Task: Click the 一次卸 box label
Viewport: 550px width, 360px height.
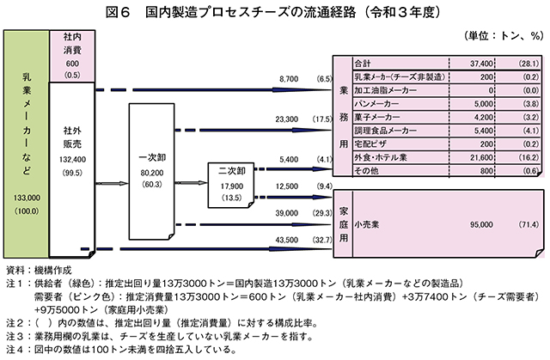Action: click(152, 158)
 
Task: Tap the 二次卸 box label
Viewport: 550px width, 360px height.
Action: click(232, 171)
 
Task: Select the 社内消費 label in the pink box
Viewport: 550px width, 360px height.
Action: click(72, 43)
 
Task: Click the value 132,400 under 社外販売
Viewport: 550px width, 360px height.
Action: click(72, 160)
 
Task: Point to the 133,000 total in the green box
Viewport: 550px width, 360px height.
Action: click(27, 198)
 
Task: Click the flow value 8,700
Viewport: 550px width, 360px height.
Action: click(289, 79)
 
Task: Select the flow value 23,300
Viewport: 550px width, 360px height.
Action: click(286, 119)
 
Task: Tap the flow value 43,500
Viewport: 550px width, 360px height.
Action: click(286, 240)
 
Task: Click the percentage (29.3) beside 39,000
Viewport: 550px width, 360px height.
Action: click(322, 213)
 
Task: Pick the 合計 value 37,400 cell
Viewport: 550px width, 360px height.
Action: click(481, 64)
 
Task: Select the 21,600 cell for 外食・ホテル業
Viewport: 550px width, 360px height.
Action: click(481, 157)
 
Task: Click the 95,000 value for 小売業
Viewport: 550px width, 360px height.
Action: click(481, 224)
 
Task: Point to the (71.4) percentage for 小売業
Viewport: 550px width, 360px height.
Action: click(529, 224)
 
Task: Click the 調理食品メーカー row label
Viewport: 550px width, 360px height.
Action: click(386, 131)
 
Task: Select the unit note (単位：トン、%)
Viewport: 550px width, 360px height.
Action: click(504, 36)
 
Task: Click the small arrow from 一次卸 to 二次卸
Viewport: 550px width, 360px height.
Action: click(192, 183)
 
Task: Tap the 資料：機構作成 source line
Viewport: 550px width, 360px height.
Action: click(39, 271)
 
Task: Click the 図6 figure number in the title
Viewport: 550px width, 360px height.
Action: click(118, 13)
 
